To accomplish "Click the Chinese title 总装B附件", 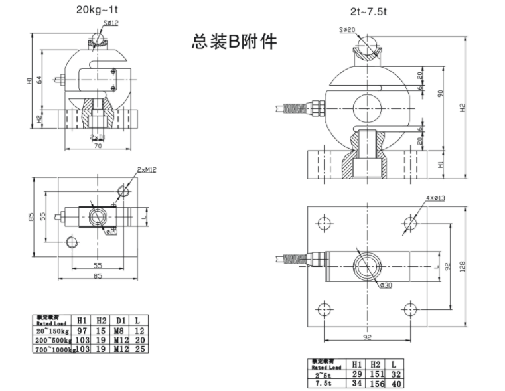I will point(234,42).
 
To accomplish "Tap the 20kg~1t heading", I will point(96,9).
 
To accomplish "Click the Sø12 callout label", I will point(110,23).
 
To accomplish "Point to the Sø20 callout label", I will point(347,29).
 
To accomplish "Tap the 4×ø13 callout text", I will point(435,198).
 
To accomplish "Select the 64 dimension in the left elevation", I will point(40,80).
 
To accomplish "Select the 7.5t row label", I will point(325,383).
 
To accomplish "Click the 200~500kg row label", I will point(52,339).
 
